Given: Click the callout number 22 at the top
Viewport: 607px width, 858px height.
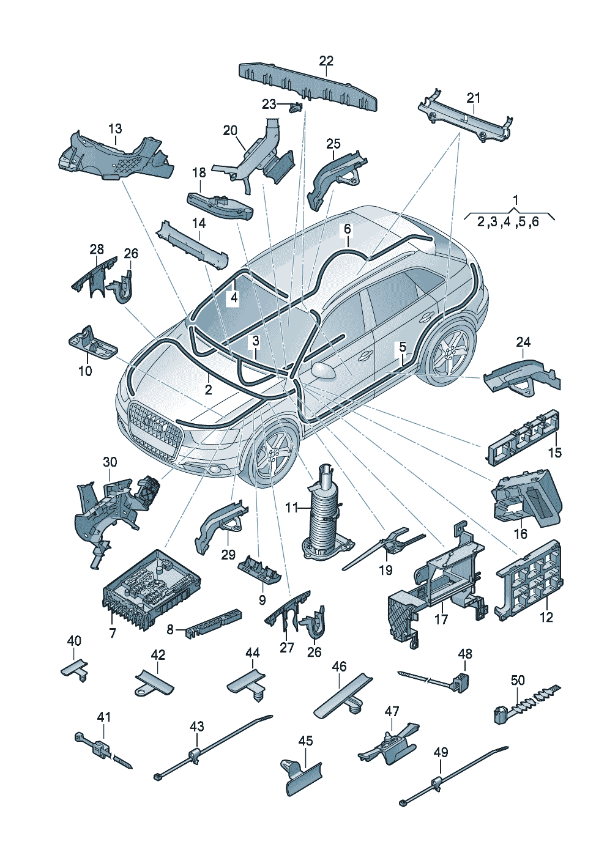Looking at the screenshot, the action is (326, 61).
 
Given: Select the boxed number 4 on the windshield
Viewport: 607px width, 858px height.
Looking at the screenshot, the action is (234, 298).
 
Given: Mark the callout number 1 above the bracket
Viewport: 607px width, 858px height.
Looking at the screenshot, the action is (515, 201).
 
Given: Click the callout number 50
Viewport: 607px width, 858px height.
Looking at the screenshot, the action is (518, 681).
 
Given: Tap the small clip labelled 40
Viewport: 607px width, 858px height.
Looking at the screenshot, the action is (75, 669).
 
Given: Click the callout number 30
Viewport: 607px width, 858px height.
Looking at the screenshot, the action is (110, 462).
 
